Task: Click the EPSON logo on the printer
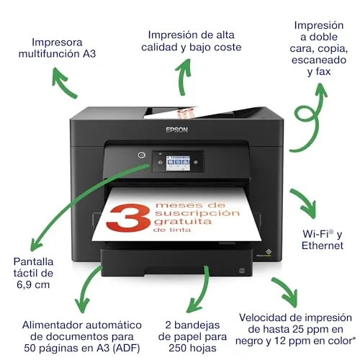[177, 130]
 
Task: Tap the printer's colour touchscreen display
[178, 163]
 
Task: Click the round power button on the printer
[142, 155]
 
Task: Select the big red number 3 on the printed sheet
[128, 217]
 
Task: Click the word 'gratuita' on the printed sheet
[183, 221]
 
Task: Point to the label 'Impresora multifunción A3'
[57, 48]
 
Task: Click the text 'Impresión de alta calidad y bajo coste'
[192, 41]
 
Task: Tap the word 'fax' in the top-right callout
[323, 71]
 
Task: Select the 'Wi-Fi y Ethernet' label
[323, 240]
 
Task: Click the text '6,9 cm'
[33, 284]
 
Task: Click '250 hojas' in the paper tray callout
[192, 348]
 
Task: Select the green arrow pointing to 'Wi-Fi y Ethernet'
[305, 203]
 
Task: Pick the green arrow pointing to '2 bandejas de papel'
[202, 292]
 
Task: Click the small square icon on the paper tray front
[242, 271]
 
